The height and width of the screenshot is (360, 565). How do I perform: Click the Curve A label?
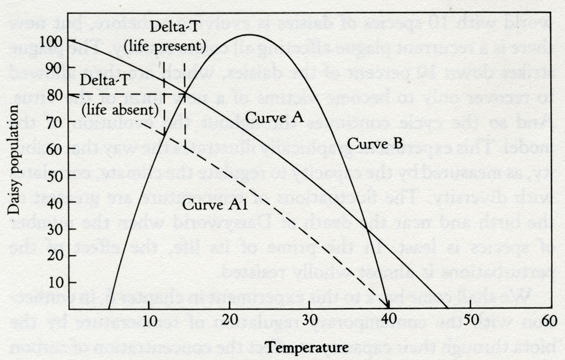[x=276, y=117]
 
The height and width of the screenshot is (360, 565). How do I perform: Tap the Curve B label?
[x=375, y=144]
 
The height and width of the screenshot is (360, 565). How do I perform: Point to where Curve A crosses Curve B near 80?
[x=185, y=94]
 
